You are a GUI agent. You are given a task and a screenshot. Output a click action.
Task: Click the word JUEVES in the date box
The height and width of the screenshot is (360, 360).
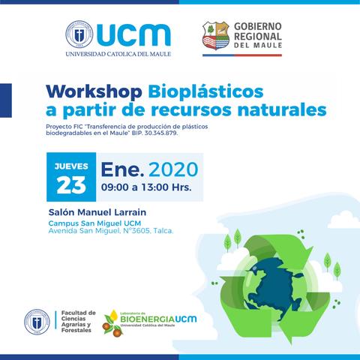click(x=72, y=165)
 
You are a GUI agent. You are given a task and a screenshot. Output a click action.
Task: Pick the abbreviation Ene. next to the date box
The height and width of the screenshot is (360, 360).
click(x=122, y=166)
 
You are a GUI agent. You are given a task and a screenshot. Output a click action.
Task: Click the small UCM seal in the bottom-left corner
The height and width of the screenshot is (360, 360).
click(x=36, y=322)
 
